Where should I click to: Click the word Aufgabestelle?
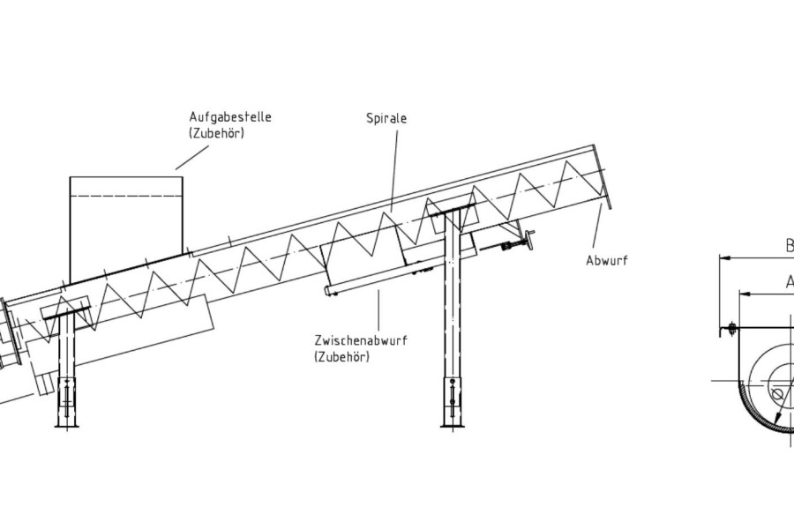230,116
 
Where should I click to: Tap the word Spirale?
386,117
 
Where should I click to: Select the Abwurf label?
607,260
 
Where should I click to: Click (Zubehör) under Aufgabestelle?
217,133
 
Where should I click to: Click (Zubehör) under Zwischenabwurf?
341,356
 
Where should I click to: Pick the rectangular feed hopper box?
126,220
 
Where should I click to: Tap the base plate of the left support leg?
67,426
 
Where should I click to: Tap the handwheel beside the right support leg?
530,240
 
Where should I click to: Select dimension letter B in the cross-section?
790,247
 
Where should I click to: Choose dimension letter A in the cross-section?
790,282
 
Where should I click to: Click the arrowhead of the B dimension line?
726,258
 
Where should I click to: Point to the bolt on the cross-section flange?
731,330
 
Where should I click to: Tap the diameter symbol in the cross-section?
776,394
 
